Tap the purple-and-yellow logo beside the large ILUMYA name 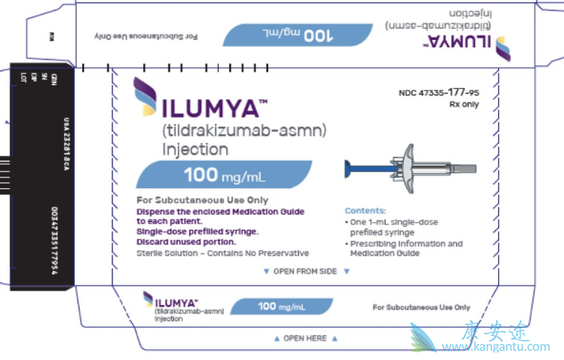pyautogui.click(x=145, y=99)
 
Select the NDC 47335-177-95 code pyautogui.click(x=439, y=93)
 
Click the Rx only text pyautogui.click(x=463, y=104)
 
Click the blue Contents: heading pyautogui.click(x=365, y=210)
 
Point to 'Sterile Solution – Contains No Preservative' pyautogui.click(x=211, y=253)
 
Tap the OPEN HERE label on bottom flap pyautogui.click(x=305, y=339)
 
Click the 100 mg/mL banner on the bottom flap pyautogui.click(x=282, y=306)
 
